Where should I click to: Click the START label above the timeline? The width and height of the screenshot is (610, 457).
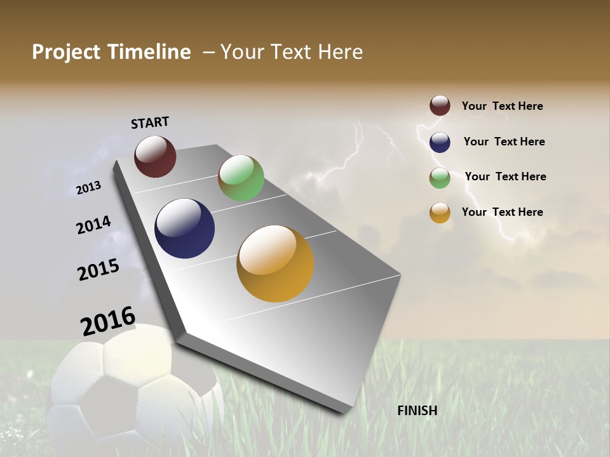(150, 122)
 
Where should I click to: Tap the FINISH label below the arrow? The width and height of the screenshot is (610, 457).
(417, 411)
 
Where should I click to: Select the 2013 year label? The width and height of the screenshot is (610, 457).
(89, 187)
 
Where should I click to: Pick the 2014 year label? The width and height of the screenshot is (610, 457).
(93, 225)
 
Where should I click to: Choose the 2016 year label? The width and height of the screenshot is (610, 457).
(108, 321)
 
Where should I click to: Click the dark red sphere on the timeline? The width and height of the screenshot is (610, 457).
(155, 156)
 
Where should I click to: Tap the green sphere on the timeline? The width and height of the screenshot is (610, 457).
(241, 178)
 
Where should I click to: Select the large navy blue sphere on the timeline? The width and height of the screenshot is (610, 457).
(184, 228)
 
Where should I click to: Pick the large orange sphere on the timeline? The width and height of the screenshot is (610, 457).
(275, 263)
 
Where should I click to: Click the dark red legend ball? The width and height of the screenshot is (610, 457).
(440, 105)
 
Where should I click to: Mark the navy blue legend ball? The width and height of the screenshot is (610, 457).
(440, 142)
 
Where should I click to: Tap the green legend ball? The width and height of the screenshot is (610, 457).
(440, 178)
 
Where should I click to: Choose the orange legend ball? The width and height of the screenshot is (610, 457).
(440, 213)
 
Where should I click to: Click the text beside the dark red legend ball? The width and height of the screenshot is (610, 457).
(502, 106)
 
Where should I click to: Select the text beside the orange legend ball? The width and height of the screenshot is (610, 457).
(502, 212)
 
